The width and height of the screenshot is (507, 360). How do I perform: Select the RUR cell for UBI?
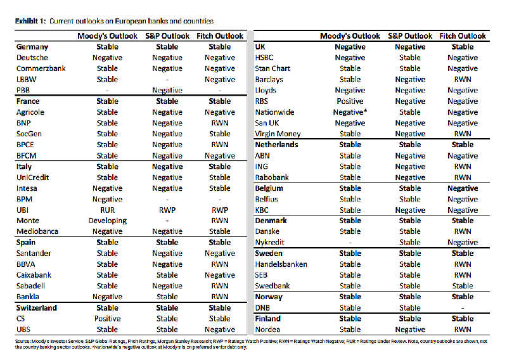click(107, 210)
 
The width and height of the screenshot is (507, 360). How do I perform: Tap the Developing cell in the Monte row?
click(107, 221)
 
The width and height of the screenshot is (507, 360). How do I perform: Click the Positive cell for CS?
click(107, 318)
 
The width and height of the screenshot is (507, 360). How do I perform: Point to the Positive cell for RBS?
click(350, 101)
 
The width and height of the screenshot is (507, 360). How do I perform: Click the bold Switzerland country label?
click(36, 308)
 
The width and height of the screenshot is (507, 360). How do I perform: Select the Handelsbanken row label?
click(281, 264)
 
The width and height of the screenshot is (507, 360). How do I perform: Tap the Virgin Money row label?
click(278, 134)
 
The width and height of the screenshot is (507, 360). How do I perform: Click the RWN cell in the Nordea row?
click(462, 330)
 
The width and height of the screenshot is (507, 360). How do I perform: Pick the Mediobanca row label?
click(37, 231)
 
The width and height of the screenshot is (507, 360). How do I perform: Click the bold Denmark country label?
click(271, 221)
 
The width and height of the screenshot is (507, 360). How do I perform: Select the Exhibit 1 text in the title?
click(30, 21)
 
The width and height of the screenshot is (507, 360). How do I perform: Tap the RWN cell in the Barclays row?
click(462, 80)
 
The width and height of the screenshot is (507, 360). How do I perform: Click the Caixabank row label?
click(34, 275)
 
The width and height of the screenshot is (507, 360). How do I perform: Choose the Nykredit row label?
click(270, 243)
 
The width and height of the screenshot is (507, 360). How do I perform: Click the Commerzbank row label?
click(41, 68)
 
